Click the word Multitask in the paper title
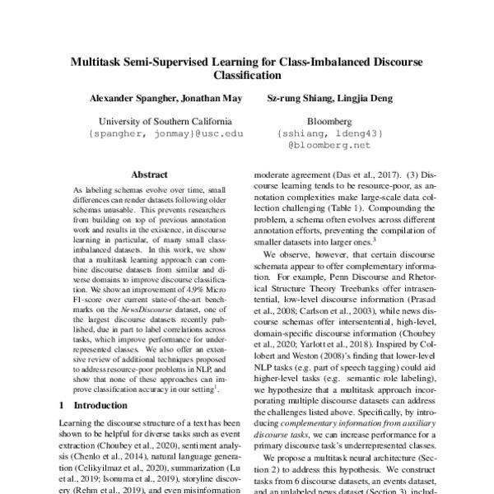[101, 61]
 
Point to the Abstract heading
[150, 175]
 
